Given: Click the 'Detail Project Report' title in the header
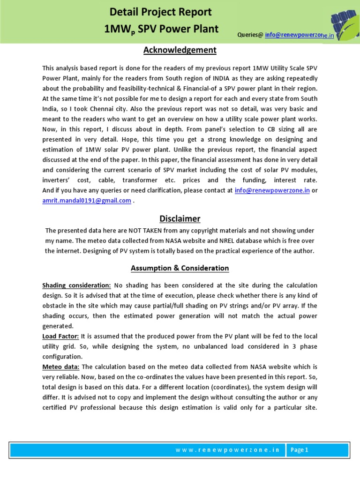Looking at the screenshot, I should pyautogui.click(x=161, y=12).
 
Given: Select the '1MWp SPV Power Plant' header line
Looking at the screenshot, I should pyautogui.click(x=161, y=29).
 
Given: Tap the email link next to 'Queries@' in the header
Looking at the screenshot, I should pyautogui.click(x=300, y=35).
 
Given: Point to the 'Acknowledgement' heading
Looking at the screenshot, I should pyautogui.click(x=180, y=50).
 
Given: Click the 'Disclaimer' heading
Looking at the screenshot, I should pyautogui.click(x=180, y=218).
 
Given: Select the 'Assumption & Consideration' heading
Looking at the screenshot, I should pyautogui.click(x=180, y=268).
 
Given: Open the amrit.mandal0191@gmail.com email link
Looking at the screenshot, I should pyautogui.click(x=86, y=201).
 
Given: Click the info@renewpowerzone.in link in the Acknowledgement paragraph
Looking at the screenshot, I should pyautogui.click(x=272, y=191).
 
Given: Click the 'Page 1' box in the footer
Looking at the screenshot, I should pyautogui.click(x=300, y=450).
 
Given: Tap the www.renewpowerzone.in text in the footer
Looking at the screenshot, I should pyautogui.click(x=227, y=450).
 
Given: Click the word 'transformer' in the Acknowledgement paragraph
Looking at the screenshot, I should pyautogui.click(x=157, y=180).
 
